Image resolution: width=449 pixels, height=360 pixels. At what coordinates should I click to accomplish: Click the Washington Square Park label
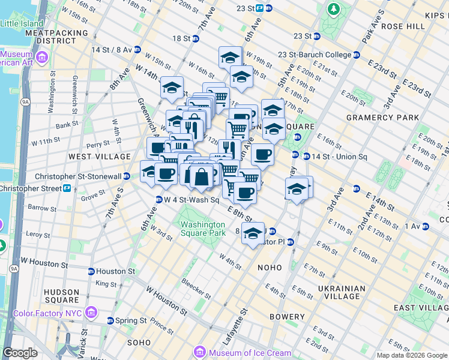point(203,229)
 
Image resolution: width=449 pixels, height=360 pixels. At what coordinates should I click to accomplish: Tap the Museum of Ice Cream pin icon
point(201,351)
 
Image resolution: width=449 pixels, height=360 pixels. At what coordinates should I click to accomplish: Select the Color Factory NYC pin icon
point(91,312)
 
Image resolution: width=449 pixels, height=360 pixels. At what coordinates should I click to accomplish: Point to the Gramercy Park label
point(382,117)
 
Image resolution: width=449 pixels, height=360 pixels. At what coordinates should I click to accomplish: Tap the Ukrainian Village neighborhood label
point(342,292)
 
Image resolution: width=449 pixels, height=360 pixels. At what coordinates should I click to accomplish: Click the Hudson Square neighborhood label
point(62,296)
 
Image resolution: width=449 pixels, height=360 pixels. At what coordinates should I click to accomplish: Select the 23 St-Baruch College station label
point(315,55)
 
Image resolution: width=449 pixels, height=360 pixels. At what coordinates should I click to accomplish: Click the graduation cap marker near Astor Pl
point(253,233)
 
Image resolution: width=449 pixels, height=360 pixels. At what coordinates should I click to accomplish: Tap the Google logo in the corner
point(20,353)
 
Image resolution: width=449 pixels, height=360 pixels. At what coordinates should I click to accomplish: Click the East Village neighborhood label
point(421,308)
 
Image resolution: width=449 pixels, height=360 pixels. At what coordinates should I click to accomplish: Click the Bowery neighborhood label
point(287,317)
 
